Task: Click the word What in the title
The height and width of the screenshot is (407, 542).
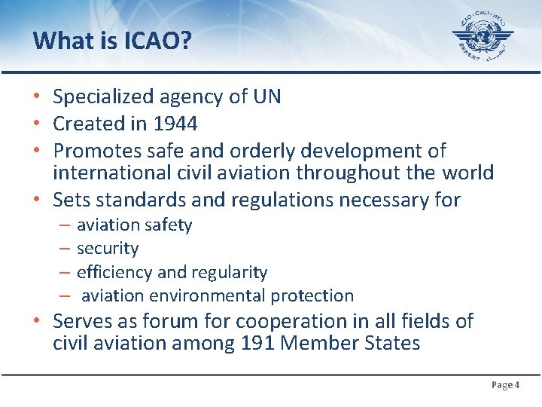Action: (x=61, y=40)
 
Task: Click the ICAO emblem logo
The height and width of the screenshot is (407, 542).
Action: (x=483, y=36)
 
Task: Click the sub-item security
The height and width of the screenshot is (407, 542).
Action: (x=108, y=249)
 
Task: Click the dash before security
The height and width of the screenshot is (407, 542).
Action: (x=64, y=249)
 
